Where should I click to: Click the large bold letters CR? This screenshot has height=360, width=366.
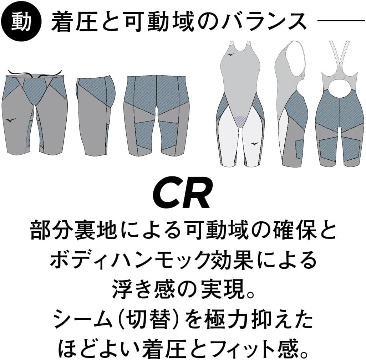tap(182, 194)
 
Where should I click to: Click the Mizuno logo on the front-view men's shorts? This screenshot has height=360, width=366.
tap(12, 120)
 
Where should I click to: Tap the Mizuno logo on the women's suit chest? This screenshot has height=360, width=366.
tap(230, 55)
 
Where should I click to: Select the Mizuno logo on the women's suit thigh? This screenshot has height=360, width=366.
tap(254, 143)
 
